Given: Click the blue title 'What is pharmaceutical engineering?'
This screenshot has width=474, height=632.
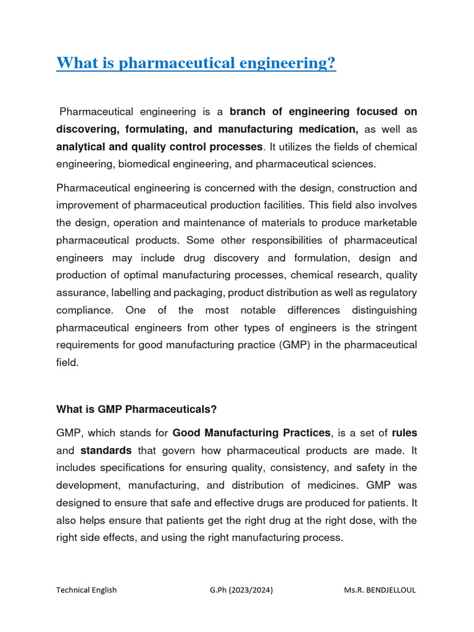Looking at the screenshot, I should (196, 63).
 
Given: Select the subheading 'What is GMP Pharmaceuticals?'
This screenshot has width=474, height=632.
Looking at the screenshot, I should (136, 409).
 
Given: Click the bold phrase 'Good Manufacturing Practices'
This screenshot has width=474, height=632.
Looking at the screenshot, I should (252, 432).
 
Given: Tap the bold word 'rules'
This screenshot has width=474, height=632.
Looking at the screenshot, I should (404, 432).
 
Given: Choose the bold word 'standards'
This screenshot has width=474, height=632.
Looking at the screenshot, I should (106, 450).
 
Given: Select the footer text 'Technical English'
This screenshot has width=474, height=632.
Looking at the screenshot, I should (86, 590).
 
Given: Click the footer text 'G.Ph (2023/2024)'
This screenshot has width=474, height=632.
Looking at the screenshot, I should (241, 590).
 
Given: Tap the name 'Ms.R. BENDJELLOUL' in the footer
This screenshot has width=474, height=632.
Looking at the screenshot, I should (380, 590).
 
